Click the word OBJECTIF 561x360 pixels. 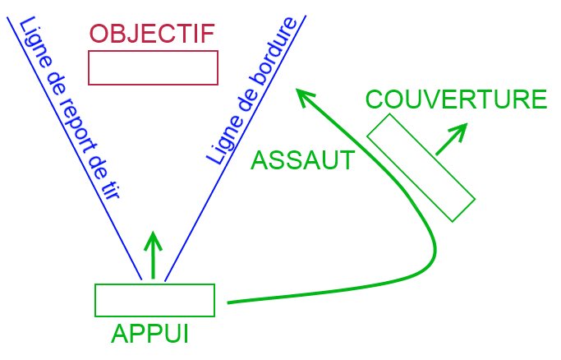point(152,34)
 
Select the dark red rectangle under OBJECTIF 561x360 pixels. point(153,67)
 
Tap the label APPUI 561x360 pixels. point(149,335)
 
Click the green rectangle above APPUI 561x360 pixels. point(154,300)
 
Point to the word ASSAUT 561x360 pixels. point(302,159)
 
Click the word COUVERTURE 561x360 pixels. point(456,99)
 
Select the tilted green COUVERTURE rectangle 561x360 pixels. point(421,168)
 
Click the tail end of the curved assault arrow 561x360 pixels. point(228,302)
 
